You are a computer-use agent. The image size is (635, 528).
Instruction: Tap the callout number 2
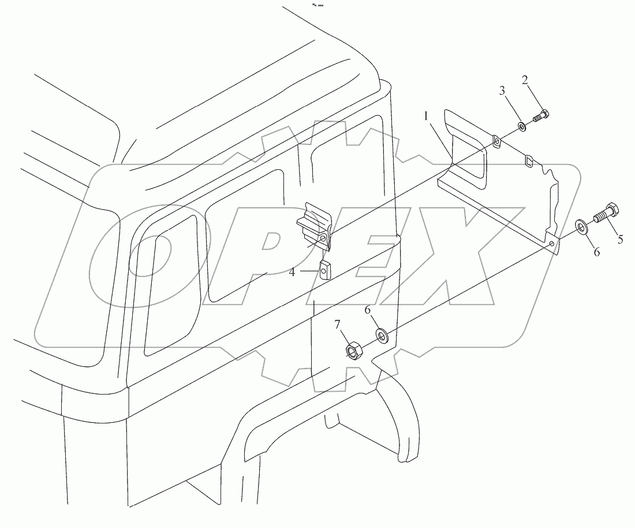pos(526,81)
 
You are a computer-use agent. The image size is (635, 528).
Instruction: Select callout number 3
pos(502,91)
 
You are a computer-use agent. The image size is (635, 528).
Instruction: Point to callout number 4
pos(293,272)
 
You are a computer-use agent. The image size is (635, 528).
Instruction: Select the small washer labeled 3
pos(522,126)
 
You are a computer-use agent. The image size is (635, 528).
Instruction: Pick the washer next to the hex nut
pos(382,335)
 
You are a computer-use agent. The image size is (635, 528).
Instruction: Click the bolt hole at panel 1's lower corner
pos(552,244)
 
